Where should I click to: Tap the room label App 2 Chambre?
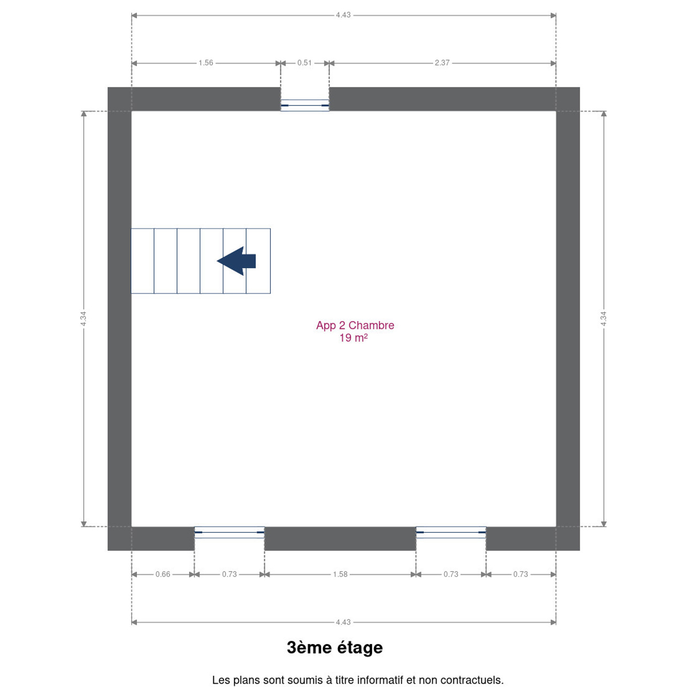point(355,325)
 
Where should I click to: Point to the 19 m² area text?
point(354,338)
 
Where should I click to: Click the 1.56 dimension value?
point(206,63)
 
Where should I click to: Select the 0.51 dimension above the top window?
point(304,63)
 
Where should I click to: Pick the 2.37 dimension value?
point(442,63)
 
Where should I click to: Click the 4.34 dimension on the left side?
point(83,319)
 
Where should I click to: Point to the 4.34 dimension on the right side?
point(603,319)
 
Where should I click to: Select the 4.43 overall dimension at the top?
point(343,15)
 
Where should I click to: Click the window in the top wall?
point(305,105)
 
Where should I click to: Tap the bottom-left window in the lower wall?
point(229,532)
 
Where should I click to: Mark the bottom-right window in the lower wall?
point(451,532)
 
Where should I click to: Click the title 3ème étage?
point(335,648)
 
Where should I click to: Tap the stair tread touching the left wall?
point(143,261)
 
